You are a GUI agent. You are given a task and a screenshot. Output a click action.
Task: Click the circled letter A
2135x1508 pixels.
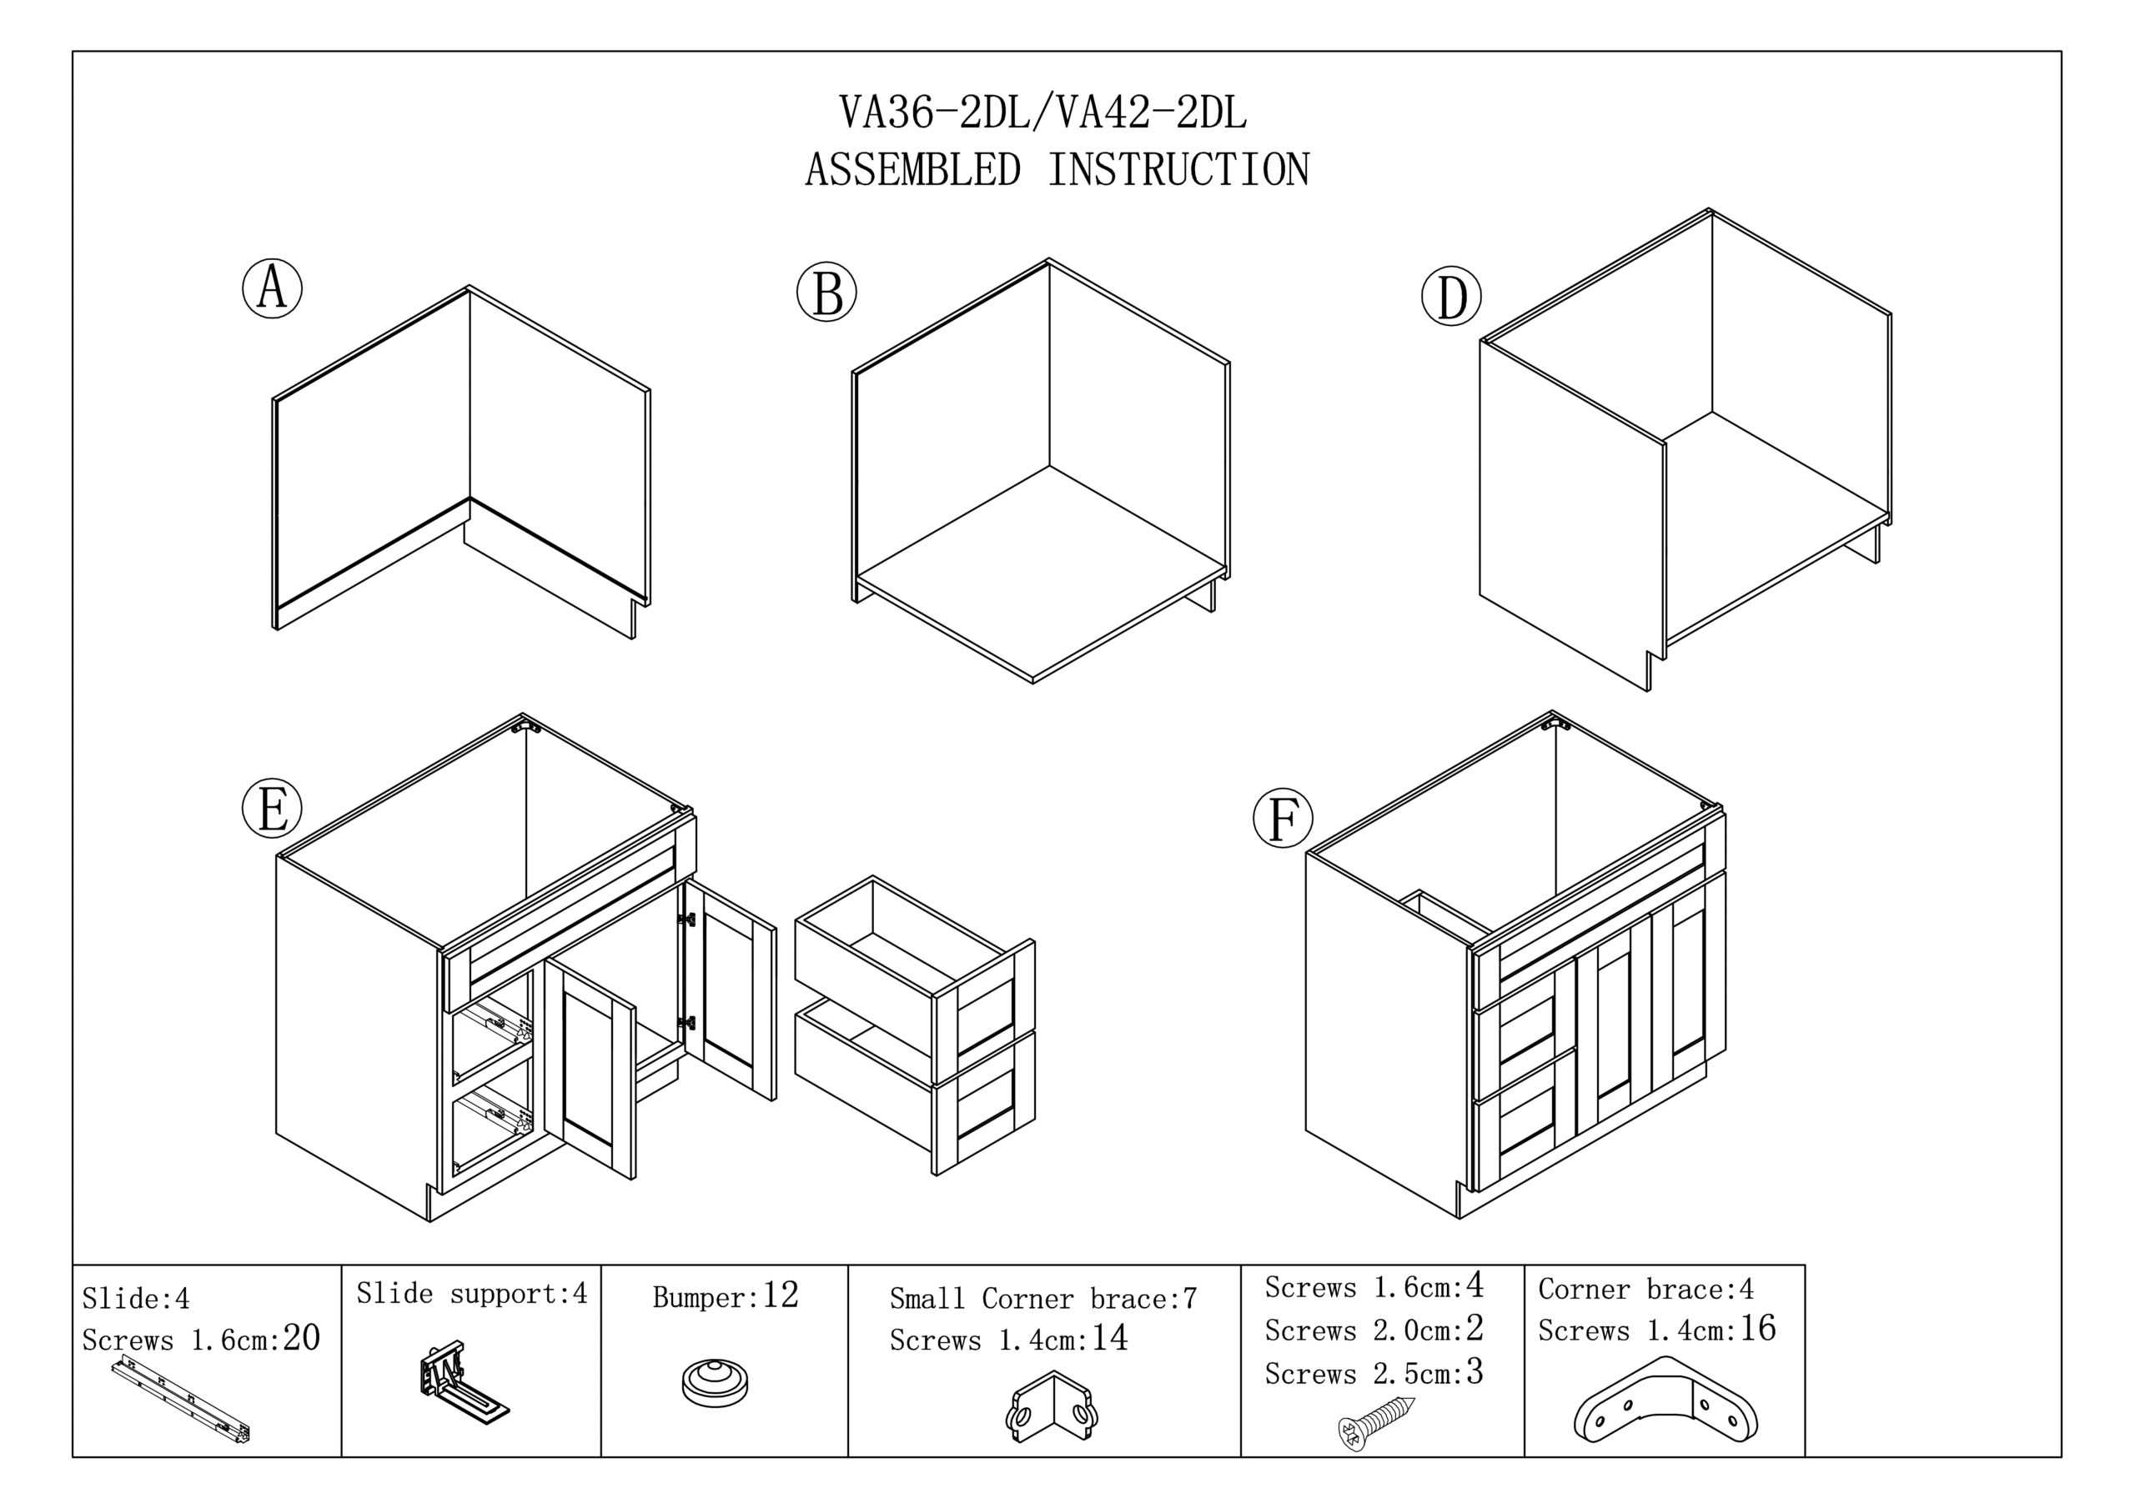(x=273, y=288)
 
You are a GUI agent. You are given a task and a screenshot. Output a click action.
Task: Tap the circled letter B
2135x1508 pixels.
(x=826, y=292)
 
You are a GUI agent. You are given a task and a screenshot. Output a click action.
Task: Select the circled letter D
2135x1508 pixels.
(x=1451, y=298)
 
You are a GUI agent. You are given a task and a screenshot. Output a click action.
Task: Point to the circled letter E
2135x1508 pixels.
(x=273, y=808)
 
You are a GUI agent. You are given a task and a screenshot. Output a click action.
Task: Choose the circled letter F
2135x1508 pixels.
(x=1284, y=818)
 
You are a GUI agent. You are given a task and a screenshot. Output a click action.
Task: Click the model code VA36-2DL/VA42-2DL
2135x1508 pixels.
(x=1042, y=113)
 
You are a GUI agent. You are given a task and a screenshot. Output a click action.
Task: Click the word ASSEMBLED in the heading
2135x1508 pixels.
(x=912, y=170)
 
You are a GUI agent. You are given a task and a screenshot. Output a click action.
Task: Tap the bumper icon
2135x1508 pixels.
(x=714, y=1381)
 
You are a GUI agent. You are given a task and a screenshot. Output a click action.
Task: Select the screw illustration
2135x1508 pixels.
(x=1376, y=1421)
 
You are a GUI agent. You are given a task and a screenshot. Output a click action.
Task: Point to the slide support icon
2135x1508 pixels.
(x=461, y=1382)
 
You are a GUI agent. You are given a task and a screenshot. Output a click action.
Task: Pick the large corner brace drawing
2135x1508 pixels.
(x=1665, y=1401)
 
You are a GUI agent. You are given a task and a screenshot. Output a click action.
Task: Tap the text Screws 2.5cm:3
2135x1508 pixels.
(x=1374, y=1373)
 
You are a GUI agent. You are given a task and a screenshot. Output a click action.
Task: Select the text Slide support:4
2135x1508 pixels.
(x=472, y=1294)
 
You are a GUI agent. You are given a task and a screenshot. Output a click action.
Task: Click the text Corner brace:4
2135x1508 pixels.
(x=1646, y=1290)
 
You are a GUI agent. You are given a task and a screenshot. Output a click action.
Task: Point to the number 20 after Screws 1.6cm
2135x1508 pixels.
(x=301, y=1338)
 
